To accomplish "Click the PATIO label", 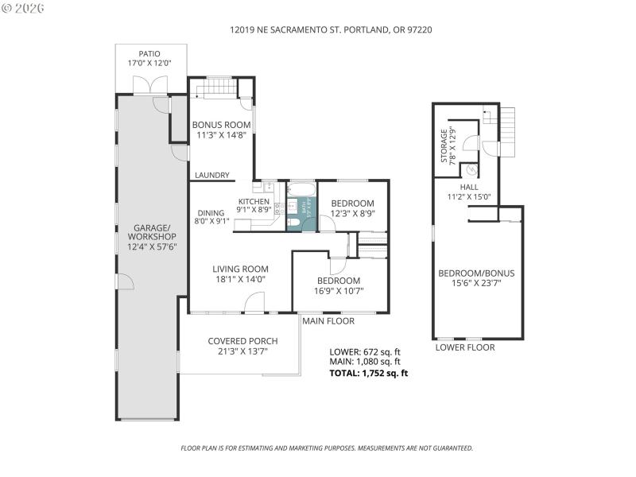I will coord(150,54).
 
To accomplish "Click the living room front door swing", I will coord(254,302).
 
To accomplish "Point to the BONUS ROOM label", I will coord(222,125).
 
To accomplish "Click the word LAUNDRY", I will coord(212,176).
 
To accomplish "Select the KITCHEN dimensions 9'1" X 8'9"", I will coord(255,211).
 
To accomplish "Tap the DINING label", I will coord(211,213).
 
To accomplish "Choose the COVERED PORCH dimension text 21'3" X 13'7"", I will coord(241,351).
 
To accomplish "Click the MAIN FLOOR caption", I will coord(328,321).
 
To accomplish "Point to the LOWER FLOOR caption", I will coord(465,347).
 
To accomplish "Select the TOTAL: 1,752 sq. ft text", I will coord(369,373).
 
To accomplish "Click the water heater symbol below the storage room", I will coord(471,169).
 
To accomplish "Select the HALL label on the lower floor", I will coord(469,188).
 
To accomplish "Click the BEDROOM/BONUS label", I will coord(476,273).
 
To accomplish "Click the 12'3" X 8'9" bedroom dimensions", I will coord(352,214).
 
